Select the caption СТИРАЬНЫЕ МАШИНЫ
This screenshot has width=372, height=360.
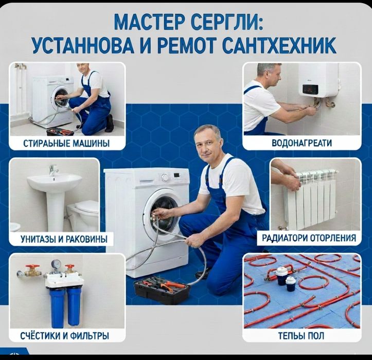pyautogui.click(x=67, y=143)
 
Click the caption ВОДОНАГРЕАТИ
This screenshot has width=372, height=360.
pyautogui.click(x=302, y=143)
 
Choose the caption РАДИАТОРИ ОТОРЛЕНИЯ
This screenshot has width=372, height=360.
pyautogui.click(x=309, y=238)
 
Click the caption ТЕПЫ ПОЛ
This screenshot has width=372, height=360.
pyautogui.click(x=302, y=336)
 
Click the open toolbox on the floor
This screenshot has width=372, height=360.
pyautogui.click(x=160, y=289)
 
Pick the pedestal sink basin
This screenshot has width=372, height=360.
pyautogui.click(x=54, y=182)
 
